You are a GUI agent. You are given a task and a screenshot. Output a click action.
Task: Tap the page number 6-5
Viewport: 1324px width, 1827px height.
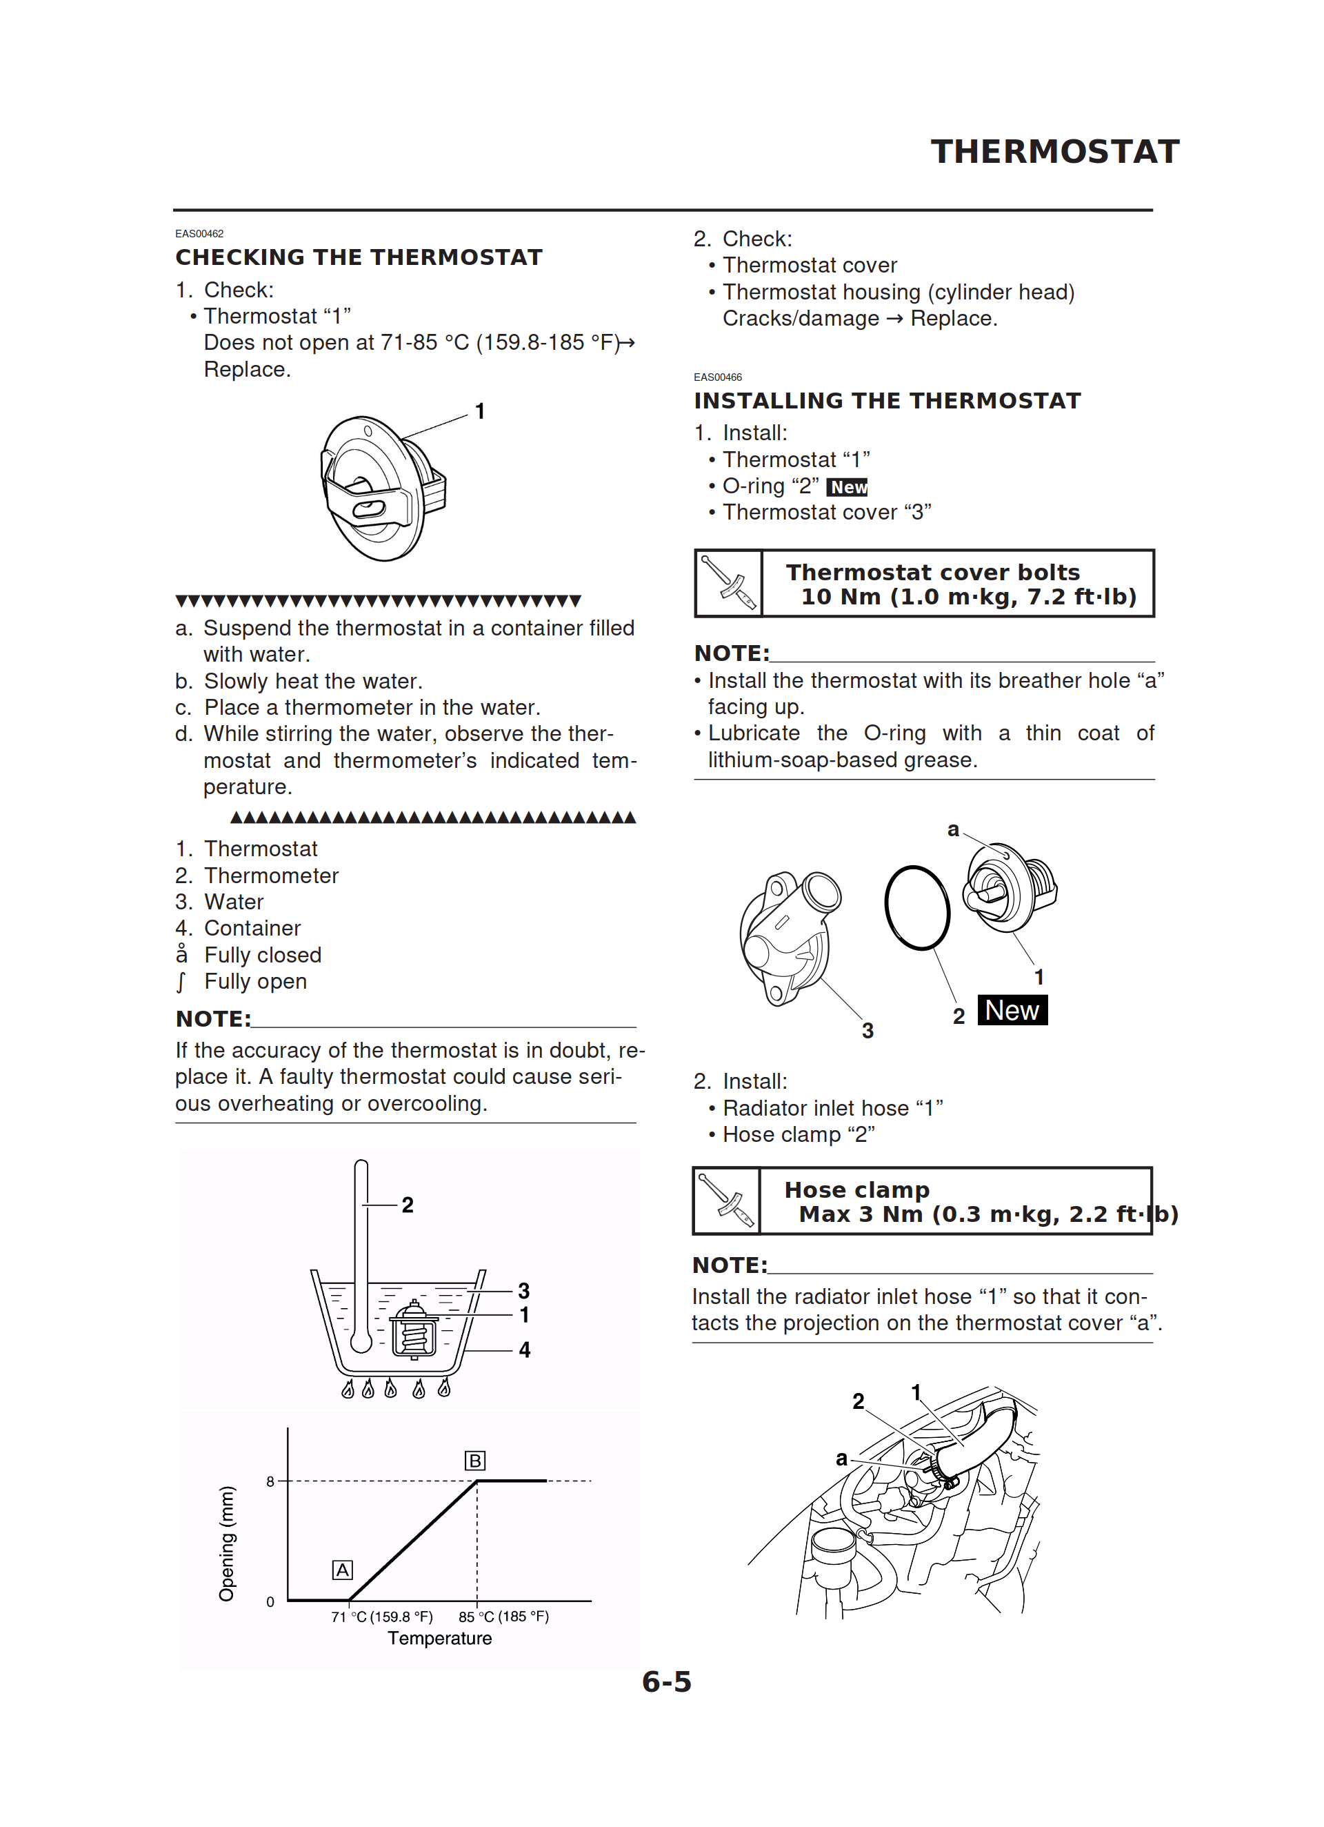tap(666, 1682)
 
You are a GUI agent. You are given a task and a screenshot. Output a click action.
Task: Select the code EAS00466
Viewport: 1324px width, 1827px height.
tap(718, 377)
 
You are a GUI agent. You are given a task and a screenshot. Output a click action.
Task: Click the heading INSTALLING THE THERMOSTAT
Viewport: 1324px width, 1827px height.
tap(887, 401)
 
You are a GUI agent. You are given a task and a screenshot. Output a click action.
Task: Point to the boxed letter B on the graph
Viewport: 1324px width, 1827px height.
tap(475, 1461)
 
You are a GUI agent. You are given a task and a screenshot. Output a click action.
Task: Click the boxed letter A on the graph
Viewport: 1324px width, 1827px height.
tap(342, 1570)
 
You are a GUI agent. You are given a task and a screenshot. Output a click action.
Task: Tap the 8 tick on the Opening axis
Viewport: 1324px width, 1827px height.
tap(270, 1481)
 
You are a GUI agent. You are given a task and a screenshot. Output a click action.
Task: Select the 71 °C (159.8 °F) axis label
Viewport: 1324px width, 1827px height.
tap(382, 1617)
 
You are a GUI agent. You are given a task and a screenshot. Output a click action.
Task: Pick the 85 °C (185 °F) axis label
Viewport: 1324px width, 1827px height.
tap(503, 1617)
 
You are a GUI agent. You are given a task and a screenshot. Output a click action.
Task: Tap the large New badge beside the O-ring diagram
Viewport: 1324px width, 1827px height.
tap(1012, 1010)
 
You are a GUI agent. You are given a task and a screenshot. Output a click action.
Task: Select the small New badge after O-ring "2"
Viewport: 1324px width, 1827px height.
tap(847, 487)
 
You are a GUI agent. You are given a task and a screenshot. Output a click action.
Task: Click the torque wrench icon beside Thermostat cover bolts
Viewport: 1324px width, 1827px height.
tap(728, 584)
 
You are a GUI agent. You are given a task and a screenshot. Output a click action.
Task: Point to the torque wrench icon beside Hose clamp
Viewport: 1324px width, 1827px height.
tap(726, 1201)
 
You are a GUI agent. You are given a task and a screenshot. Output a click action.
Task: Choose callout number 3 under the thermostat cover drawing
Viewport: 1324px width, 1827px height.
tap(867, 1030)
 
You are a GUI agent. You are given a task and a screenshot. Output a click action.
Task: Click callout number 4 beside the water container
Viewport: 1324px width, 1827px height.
tap(524, 1350)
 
